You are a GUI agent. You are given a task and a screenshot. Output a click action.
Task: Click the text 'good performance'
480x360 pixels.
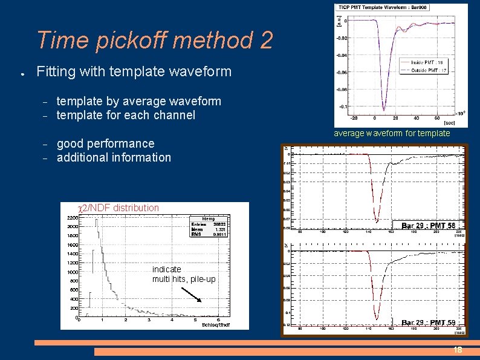point(105,143)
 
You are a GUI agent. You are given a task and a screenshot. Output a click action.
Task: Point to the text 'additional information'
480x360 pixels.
point(114,157)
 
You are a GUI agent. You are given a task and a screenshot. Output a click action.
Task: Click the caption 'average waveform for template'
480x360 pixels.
point(392,133)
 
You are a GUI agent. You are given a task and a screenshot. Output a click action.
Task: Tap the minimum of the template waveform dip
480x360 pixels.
point(383,111)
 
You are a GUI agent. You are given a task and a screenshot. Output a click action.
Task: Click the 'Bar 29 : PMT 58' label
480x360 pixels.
point(428,226)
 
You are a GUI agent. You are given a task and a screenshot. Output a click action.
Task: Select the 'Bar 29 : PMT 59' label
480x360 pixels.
point(428,322)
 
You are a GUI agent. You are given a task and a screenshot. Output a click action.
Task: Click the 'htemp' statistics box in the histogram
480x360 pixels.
point(208,226)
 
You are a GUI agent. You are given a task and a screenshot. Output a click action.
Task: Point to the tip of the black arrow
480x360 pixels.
point(202,301)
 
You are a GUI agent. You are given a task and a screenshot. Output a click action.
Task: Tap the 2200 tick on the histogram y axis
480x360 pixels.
point(72,217)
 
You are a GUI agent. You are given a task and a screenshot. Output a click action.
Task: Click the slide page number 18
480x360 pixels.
point(458,350)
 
